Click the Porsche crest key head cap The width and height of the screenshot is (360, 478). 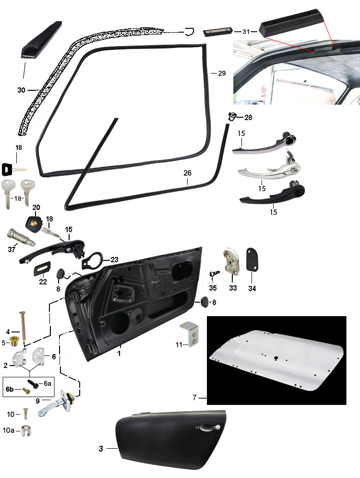(35, 222)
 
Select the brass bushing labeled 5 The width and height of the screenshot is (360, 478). (14, 341)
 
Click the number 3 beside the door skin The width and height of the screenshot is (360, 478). (101, 448)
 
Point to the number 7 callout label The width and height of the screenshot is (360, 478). (194, 397)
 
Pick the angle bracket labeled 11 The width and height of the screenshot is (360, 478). (189, 334)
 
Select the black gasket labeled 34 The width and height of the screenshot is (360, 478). (252, 259)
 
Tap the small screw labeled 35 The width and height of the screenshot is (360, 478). (214, 273)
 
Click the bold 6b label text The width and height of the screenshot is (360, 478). (10, 389)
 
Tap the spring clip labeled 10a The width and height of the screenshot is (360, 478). (25, 430)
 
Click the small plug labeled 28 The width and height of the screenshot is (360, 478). (232, 116)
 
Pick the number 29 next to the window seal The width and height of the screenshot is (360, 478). (222, 73)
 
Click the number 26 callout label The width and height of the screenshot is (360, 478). (187, 173)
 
